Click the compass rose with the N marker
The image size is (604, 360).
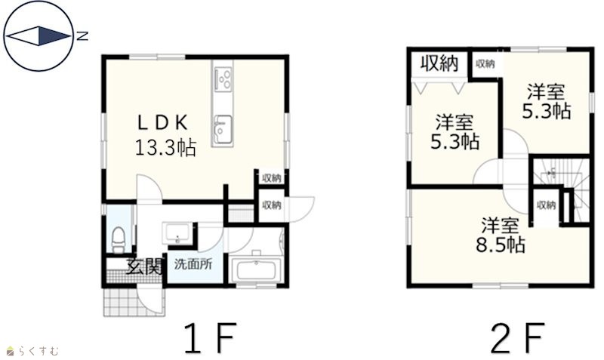coord(39,36)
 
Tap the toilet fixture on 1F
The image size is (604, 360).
coord(119,239)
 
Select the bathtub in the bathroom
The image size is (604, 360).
coord(256,269)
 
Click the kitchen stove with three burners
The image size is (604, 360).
coord(223,79)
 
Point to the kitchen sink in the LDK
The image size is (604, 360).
coord(223,129)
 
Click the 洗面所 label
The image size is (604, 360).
coord(193,264)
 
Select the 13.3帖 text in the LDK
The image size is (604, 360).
coord(165,147)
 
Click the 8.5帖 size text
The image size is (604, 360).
coord(501,244)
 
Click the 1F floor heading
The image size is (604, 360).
coord(210,337)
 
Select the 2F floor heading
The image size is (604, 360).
coord(518,337)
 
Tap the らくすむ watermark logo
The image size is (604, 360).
coord(32,351)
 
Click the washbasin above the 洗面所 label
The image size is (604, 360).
coord(177,233)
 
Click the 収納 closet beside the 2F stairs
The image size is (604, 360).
coord(546,206)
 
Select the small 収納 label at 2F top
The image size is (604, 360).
coord(485,63)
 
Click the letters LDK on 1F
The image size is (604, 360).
coord(163,123)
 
